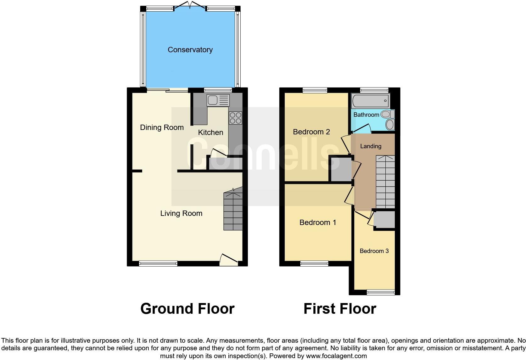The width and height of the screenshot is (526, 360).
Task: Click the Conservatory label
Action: point(190,50)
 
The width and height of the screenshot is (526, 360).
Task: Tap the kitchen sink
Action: point(218,100)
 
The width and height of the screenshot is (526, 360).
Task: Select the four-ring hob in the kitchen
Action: point(236,118)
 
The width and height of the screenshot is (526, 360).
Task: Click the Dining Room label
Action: point(162,127)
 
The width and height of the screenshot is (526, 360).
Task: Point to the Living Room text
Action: point(181,213)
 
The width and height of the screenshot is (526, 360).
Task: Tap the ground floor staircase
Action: point(233,211)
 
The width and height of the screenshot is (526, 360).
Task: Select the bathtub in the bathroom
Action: point(371,101)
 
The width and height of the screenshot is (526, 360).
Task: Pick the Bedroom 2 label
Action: point(311,132)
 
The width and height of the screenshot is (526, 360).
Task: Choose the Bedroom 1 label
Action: point(318,223)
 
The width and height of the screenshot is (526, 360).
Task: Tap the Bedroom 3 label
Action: point(374,251)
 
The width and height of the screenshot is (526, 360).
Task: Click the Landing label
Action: point(371,146)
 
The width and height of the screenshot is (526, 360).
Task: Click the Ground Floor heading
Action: point(187,309)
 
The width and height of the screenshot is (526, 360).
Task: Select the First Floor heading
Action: point(340,309)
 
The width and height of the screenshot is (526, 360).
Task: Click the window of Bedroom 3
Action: point(381,292)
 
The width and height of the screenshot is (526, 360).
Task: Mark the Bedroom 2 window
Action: point(315,90)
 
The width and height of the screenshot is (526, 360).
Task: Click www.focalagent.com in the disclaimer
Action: point(336,356)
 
